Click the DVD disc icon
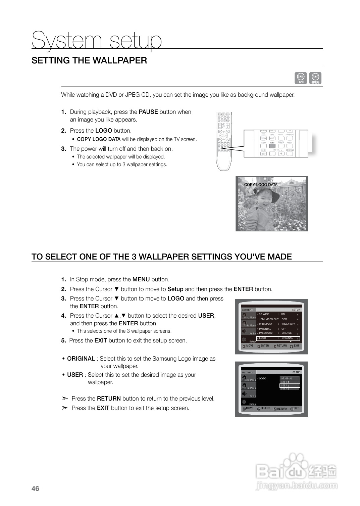pyautogui.click(x=301, y=78)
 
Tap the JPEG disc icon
pyautogui.click(x=315, y=78)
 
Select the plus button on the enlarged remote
pyautogui.click(x=280, y=154)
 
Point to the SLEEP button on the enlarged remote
pyautogui.click(x=263, y=154)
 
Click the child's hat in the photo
pyautogui.click(x=265, y=193)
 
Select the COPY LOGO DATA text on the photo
pyautogui.click(x=261, y=185)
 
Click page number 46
pyautogui.click(x=35, y=489)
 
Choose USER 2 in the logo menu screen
pyautogui.click(x=285, y=385)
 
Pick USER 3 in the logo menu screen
pyautogui.click(x=285, y=389)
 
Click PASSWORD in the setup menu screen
pyautogui.click(x=266, y=333)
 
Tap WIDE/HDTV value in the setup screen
pyautogui.click(x=288, y=324)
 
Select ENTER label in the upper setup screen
pyautogui.click(x=265, y=346)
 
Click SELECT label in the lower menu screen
pyautogui.click(x=265, y=408)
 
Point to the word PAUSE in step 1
pyautogui.click(x=148, y=112)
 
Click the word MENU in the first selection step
pyautogui.click(x=141, y=279)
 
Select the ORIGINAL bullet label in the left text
pyautogui.click(x=81, y=359)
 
